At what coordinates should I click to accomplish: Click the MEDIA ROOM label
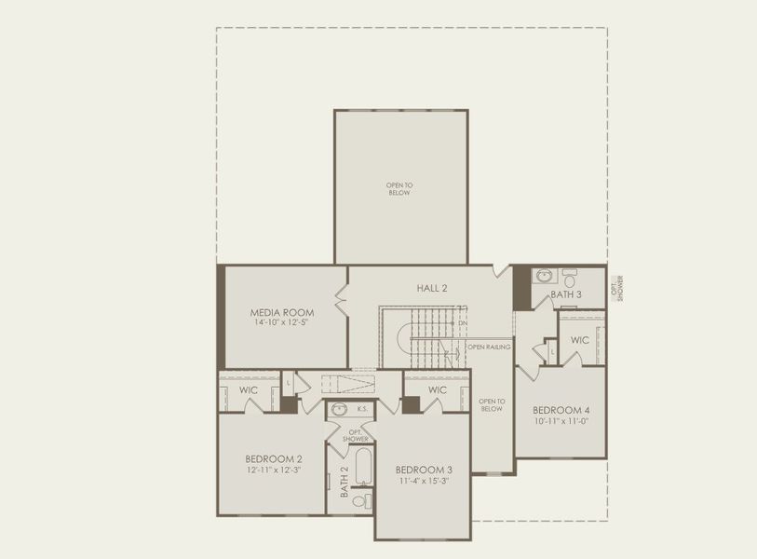point(281,312)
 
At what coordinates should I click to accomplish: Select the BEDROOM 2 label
point(274,458)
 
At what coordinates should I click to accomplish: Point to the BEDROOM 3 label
point(424,469)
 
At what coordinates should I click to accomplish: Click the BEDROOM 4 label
point(561,410)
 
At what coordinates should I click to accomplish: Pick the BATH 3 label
point(565,294)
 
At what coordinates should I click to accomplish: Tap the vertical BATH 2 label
point(344,482)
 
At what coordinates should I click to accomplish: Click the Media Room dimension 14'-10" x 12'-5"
point(281,323)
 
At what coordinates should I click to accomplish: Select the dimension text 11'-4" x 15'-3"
point(424,480)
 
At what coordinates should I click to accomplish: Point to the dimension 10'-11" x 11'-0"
point(561,421)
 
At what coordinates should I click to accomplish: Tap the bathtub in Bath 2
point(361,470)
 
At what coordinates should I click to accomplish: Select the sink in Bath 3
point(544,277)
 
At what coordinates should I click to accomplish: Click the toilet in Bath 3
point(569,277)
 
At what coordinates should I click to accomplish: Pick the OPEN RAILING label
point(489,347)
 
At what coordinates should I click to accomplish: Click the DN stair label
point(462,323)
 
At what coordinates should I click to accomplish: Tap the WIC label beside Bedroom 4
point(579,340)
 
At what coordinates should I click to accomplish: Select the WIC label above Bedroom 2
point(249,389)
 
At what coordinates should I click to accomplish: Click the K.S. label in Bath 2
point(360,408)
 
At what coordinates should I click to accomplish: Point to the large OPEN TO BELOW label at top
point(399,189)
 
